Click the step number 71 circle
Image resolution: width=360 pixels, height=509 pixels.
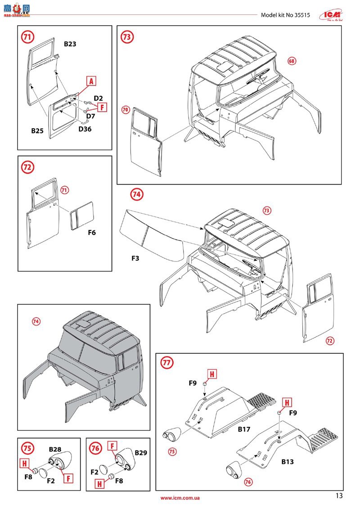(28, 37)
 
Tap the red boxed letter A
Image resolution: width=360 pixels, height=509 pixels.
(91, 81)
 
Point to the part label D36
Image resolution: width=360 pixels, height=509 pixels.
(85, 129)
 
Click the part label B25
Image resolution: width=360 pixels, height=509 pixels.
(37, 131)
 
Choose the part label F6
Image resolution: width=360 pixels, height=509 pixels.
(91, 233)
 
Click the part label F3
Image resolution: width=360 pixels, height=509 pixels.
(135, 258)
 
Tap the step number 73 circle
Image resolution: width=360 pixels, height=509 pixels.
(127, 37)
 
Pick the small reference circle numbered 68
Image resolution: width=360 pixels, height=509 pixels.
(292, 61)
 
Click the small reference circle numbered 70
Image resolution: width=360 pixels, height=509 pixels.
(126, 109)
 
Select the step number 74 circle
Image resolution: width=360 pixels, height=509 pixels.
(137, 194)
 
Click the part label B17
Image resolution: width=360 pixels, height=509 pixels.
(244, 429)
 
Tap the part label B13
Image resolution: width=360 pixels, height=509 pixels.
(288, 461)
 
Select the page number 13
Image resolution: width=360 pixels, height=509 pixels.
(339, 496)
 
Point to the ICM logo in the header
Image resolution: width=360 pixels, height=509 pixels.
(332, 14)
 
